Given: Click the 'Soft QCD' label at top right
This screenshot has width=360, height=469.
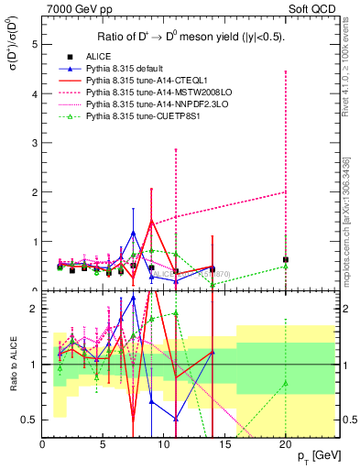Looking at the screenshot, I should pos(312,9).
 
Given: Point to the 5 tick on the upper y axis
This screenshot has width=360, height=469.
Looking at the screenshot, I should pos(35,44).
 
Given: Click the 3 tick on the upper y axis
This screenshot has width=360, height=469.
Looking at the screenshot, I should pos(35,143).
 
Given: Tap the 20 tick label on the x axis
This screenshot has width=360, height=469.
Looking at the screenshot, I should pos(286,445).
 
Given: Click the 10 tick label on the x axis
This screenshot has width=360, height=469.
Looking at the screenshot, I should pos(164,445).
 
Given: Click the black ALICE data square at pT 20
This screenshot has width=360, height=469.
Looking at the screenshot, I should pos(286,259).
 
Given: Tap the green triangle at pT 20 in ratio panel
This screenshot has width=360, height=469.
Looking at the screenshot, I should pos(286,383).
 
